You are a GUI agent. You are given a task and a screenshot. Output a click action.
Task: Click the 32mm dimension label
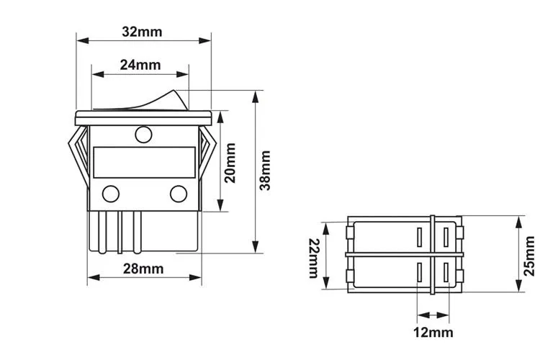coord(142,32)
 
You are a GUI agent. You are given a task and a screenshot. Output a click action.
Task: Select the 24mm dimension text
coord(140,65)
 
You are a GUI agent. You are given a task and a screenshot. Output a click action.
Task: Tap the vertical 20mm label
coord(230,163)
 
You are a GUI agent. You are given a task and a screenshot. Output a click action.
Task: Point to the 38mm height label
coord(266,170)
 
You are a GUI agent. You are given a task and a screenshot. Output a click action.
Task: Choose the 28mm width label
coord(143,269)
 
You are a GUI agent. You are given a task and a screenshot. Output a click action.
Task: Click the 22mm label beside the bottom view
coord(314,257)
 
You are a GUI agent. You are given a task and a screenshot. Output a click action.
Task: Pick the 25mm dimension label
coord(529,256)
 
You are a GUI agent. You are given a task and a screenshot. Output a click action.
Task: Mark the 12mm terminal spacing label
coord(433,332)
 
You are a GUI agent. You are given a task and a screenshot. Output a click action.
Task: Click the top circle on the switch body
coord(143,134)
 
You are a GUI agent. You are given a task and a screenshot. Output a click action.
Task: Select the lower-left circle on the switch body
coord(111,194)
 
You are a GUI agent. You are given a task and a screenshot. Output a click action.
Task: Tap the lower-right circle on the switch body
coord(178,194)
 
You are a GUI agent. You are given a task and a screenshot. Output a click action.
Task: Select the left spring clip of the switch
coord(78,151)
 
